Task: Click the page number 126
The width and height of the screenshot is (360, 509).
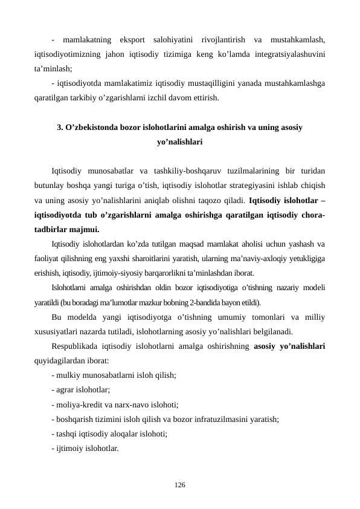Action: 180,485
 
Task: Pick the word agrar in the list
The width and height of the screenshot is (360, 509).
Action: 66,390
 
